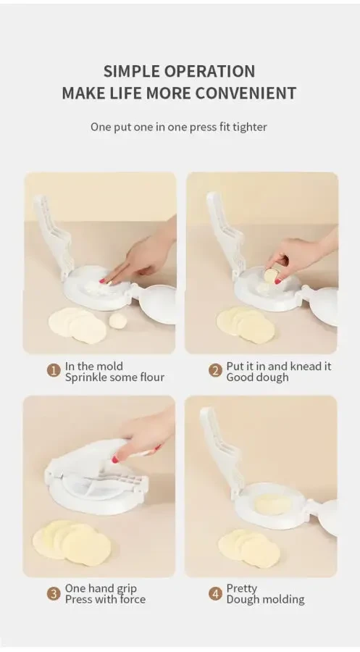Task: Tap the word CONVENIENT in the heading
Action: point(246,93)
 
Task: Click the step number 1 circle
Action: point(54,370)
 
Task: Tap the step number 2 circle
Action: point(215,370)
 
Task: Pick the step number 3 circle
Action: point(54,593)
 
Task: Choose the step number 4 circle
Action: point(215,593)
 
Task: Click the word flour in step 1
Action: point(151,377)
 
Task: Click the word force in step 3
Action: point(133,600)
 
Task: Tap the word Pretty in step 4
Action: point(241,589)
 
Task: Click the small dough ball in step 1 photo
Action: point(118,321)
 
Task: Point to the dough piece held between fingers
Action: point(271,275)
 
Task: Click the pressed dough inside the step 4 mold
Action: point(273,504)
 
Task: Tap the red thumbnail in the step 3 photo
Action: point(115,459)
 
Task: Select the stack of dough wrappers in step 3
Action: point(72,542)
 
